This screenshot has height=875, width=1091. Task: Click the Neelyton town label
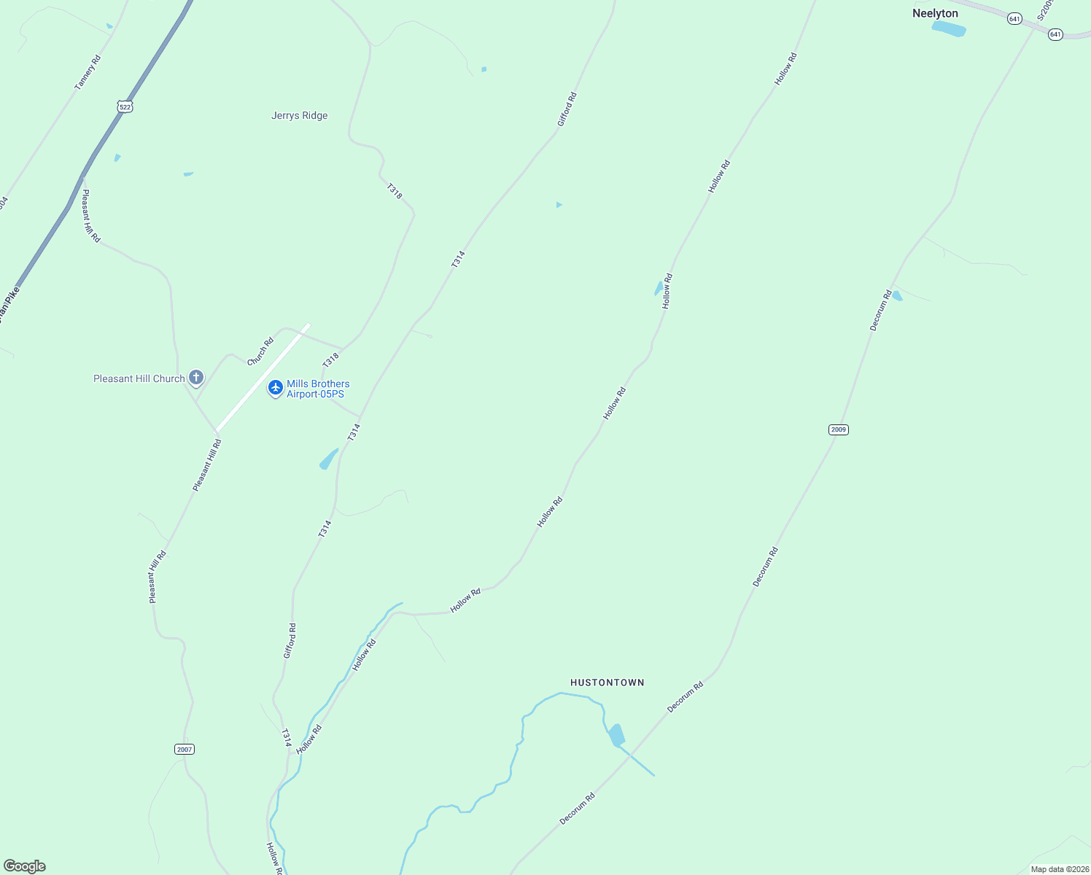(x=935, y=13)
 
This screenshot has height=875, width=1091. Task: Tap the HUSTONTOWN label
(x=607, y=682)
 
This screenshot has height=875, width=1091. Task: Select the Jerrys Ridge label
(x=299, y=115)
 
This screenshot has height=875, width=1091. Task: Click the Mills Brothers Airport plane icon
(x=276, y=387)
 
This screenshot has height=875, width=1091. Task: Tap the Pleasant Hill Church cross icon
(x=195, y=377)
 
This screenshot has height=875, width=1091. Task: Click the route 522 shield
(x=125, y=106)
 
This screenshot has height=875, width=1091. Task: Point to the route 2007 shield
(x=185, y=750)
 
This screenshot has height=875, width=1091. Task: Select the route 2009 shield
(x=839, y=429)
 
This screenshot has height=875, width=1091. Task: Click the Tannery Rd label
(x=88, y=72)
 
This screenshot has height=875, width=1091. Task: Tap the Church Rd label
(x=260, y=351)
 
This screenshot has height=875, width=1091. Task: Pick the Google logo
(x=24, y=866)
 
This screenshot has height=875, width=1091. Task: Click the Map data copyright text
(x=1059, y=869)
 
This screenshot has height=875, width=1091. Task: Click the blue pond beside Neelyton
(x=949, y=28)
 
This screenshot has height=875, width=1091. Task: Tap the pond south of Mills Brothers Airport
(x=329, y=459)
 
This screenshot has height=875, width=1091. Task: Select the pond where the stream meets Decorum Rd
(x=617, y=735)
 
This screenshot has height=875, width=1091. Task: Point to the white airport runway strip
(x=263, y=378)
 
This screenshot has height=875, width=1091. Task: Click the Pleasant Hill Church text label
(x=139, y=378)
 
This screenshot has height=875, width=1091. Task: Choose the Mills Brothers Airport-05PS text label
(x=318, y=389)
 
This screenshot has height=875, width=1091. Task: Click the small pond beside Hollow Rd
(x=659, y=289)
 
